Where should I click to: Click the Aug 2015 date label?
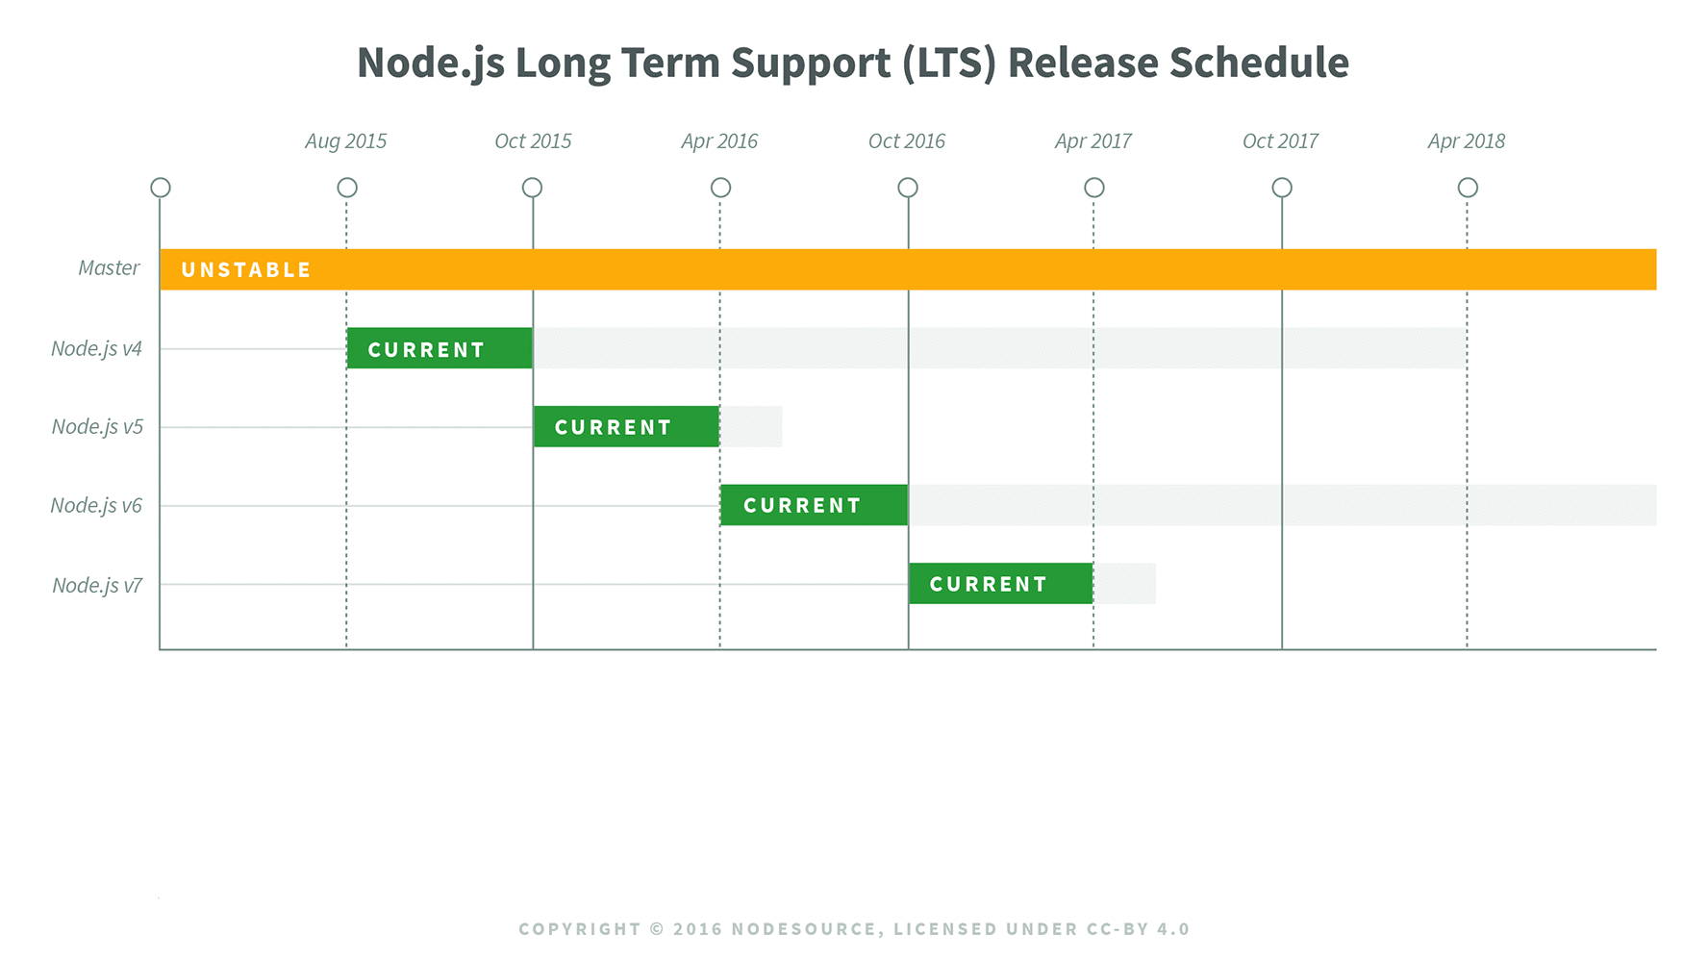coord(345,141)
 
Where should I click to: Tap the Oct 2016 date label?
coord(906,141)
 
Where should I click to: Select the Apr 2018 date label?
coord(1466,141)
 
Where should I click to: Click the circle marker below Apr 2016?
coord(720,188)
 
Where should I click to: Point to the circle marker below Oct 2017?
coord(1282,188)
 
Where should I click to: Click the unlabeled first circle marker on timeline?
coord(161,188)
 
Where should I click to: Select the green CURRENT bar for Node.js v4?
coord(440,348)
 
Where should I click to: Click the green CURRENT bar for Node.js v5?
coord(626,426)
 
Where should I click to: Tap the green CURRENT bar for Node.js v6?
coord(814,505)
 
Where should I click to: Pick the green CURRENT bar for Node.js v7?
coord(1000,584)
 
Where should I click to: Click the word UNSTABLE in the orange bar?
coord(246,270)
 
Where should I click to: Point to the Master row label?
coord(109,268)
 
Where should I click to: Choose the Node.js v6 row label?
coord(96,506)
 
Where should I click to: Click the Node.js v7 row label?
coord(97,586)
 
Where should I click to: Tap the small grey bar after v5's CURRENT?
coord(751,426)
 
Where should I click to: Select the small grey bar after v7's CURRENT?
coord(1124,584)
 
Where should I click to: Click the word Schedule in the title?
coord(1259,63)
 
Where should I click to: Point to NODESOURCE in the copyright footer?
coord(804,929)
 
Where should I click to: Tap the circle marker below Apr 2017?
coord(1094,188)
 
